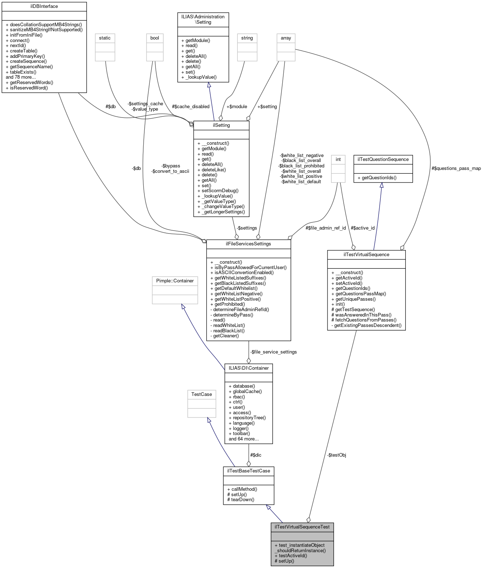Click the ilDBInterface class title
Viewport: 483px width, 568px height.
coord(44,6)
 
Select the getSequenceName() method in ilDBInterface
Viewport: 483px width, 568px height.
coord(31,67)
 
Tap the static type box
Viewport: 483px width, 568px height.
coord(105,38)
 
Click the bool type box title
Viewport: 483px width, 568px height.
coord(155,38)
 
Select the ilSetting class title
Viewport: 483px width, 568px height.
coord(221,125)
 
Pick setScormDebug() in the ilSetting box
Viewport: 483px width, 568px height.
coord(220,191)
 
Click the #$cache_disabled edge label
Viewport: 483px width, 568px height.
coord(191,107)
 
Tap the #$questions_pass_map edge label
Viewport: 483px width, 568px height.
coord(456,168)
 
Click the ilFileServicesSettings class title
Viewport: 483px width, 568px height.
coord(249,244)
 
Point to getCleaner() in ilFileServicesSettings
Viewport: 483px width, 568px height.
coord(226,336)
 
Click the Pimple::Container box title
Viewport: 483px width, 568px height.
coord(175,281)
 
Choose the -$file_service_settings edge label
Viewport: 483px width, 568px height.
coord(274,352)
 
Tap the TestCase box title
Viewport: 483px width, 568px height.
coord(201,394)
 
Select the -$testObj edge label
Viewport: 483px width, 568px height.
coord(337,455)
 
